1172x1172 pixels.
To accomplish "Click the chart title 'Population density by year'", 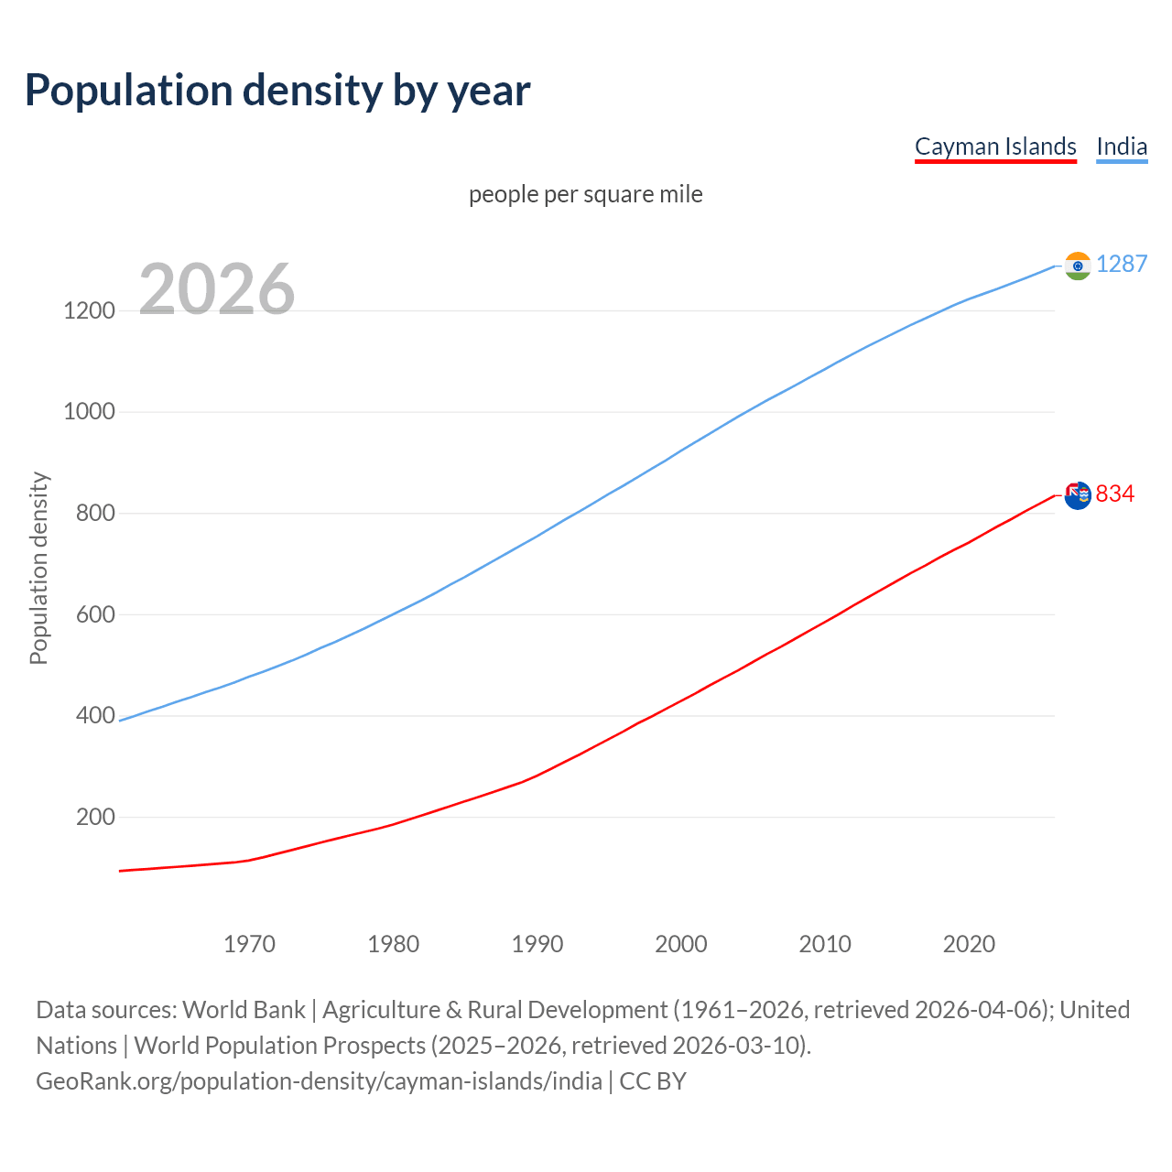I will [x=277, y=90].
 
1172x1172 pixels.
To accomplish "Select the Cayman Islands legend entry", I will [x=995, y=146].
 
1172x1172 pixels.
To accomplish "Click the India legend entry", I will [x=1122, y=146].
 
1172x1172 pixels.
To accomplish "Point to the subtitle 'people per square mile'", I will [x=586, y=194].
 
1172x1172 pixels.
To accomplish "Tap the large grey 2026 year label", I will [x=217, y=289].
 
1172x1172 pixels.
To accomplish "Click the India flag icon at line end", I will [x=1078, y=266].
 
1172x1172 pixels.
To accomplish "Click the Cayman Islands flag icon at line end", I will [x=1078, y=495].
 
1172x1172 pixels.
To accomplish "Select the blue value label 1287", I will [x=1122, y=264].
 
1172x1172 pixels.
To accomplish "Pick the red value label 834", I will [x=1115, y=494].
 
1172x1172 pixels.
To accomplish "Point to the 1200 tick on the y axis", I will [x=90, y=310].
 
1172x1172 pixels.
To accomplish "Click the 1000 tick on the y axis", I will [x=90, y=412].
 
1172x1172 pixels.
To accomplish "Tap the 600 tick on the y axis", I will [x=95, y=614].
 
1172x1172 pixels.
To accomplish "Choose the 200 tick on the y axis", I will [x=95, y=817].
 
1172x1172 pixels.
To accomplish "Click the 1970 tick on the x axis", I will [x=249, y=944].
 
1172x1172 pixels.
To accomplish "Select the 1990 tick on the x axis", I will [x=537, y=944].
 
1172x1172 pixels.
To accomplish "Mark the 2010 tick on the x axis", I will [x=825, y=944].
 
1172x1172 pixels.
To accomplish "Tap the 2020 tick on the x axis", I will [x=969, y=944].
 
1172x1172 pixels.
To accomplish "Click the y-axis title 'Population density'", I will [x=38, y=568].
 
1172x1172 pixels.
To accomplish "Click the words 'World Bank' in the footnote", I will [x=244, y=1010].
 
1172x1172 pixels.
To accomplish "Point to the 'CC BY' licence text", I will [x=653, y=1081].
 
